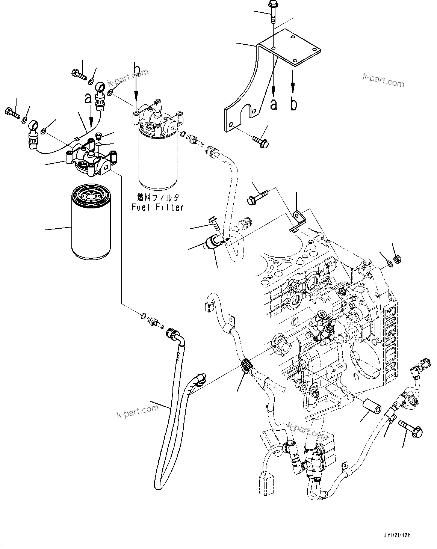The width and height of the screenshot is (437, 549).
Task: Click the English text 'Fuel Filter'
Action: point(157,207)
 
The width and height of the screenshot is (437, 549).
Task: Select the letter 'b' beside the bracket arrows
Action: point(293,104)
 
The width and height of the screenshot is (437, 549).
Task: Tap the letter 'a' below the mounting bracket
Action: point(274,104)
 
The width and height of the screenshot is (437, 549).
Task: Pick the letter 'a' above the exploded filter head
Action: point(88,98)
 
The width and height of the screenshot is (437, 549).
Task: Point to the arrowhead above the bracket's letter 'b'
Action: point(293,89)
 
